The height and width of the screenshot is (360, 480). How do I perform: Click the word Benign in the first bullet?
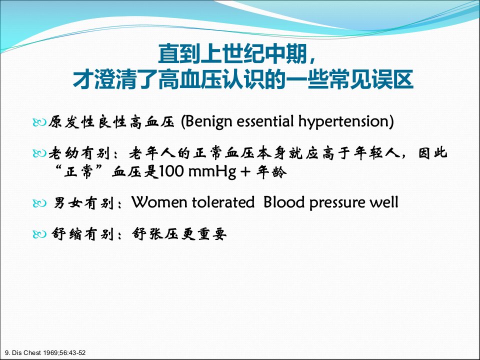tap(208, 121)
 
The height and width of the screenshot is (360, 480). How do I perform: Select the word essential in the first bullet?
tap(265, 121)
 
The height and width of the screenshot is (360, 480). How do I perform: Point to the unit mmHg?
tap(212, 172)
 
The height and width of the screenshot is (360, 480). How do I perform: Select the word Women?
tap(159, 202)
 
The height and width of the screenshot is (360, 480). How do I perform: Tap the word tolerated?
tap(223, 202)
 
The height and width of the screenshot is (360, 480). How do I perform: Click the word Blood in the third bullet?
tap(284, 202)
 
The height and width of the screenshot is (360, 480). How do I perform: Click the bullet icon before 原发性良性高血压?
tap(39, 122)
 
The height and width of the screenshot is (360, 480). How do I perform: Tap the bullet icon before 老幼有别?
tap(39, 153)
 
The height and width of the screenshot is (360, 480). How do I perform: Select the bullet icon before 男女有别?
tap(39, 203)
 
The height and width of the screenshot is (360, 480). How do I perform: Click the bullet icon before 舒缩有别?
tap(39, 234)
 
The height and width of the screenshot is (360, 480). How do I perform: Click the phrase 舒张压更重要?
tap(179, 234)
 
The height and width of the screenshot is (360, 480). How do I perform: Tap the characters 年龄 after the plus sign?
tap(271, 171)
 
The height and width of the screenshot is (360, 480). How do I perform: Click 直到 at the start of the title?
tap(179, 53)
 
